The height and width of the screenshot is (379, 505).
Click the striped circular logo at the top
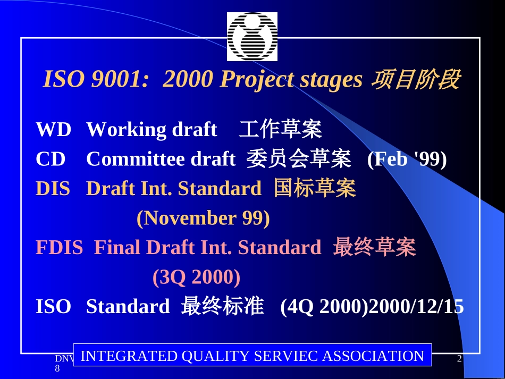tap(252, 36)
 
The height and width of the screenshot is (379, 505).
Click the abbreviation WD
tap(53, 130)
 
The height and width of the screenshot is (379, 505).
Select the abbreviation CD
tap(50, 159)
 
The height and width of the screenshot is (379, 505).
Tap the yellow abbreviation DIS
tap(53, 189)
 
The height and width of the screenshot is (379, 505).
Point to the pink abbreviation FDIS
tap(59, 248)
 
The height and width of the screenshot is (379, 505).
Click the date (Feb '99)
tap(407, 159)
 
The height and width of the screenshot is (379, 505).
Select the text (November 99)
tap(203, 218)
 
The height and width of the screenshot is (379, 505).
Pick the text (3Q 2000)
tap(196, 277)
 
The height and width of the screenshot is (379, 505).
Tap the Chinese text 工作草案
tap(280, 130)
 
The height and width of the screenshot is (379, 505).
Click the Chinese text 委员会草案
tap(298, 159)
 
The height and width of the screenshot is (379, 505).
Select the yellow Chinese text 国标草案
tap(314, 189)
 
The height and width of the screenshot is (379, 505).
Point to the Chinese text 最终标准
tap(222, 307)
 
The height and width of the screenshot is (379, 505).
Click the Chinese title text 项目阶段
tap(415, 80)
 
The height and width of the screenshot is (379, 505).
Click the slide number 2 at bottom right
tap(459, 360)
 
